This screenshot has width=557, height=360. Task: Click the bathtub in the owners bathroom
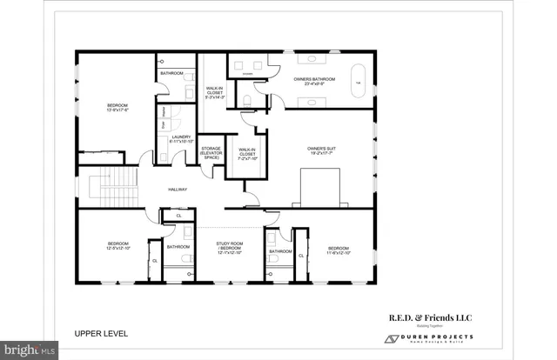(x=356, y=82)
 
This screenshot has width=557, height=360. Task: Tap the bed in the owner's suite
(x=319, y=186)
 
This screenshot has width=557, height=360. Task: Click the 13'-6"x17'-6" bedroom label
(x=117, y=107)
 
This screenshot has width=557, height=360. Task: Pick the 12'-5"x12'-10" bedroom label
(x=117, y=246)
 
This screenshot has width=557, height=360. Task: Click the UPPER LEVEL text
(x=100, y=333)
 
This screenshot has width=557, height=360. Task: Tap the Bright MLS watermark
(x=29, y=351)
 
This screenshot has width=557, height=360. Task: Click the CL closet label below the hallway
(x=178, y=215)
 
